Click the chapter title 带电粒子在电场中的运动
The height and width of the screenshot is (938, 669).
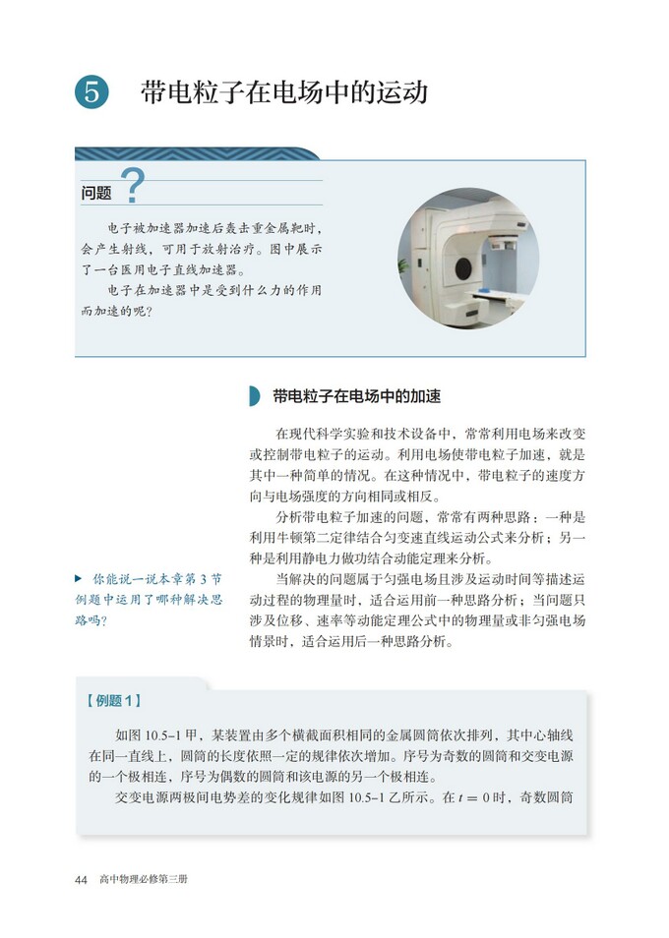(x=284, y=92)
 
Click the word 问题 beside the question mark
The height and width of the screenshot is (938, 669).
(x=96, y=194)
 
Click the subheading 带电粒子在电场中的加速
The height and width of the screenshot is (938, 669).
(x=356, y=396)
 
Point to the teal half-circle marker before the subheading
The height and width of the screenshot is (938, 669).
(x=255, y=396)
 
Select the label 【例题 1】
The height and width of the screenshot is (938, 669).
(x=115, y=700)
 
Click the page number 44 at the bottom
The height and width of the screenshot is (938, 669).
(x=82, y=878)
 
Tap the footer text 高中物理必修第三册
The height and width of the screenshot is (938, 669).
(x=143, y=878)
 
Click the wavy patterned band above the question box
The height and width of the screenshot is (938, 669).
(x=197, y=153)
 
